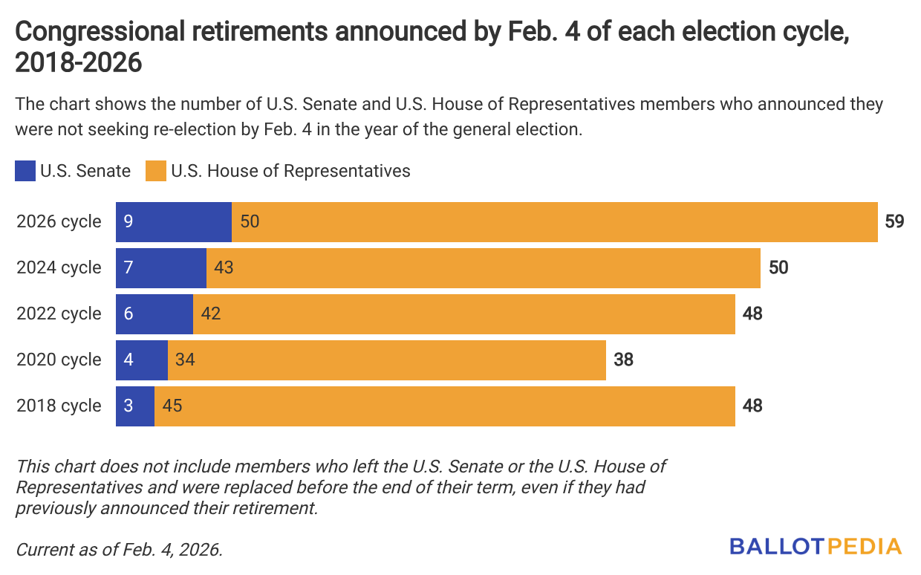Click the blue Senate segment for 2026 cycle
coord(174,221)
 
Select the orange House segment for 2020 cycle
coord(386,360)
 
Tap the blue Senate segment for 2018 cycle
coord(135,406)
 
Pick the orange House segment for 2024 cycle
coord(483,267)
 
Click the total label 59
coord(894,221)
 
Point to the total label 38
coord(623,360)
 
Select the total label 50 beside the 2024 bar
coord(778,267)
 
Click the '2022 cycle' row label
coord(59,314)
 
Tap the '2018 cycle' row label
coord(59,406)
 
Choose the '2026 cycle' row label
coord(59,221)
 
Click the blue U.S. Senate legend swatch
coord(25,171)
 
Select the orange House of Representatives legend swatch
coord(155,171)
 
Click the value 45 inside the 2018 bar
coord(172,406)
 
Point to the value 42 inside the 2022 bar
coord(211,314)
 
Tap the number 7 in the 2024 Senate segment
coord(129,267)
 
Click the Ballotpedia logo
coord(815,547)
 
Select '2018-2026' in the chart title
coord(78,63)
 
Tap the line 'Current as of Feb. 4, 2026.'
coord(119,550)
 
